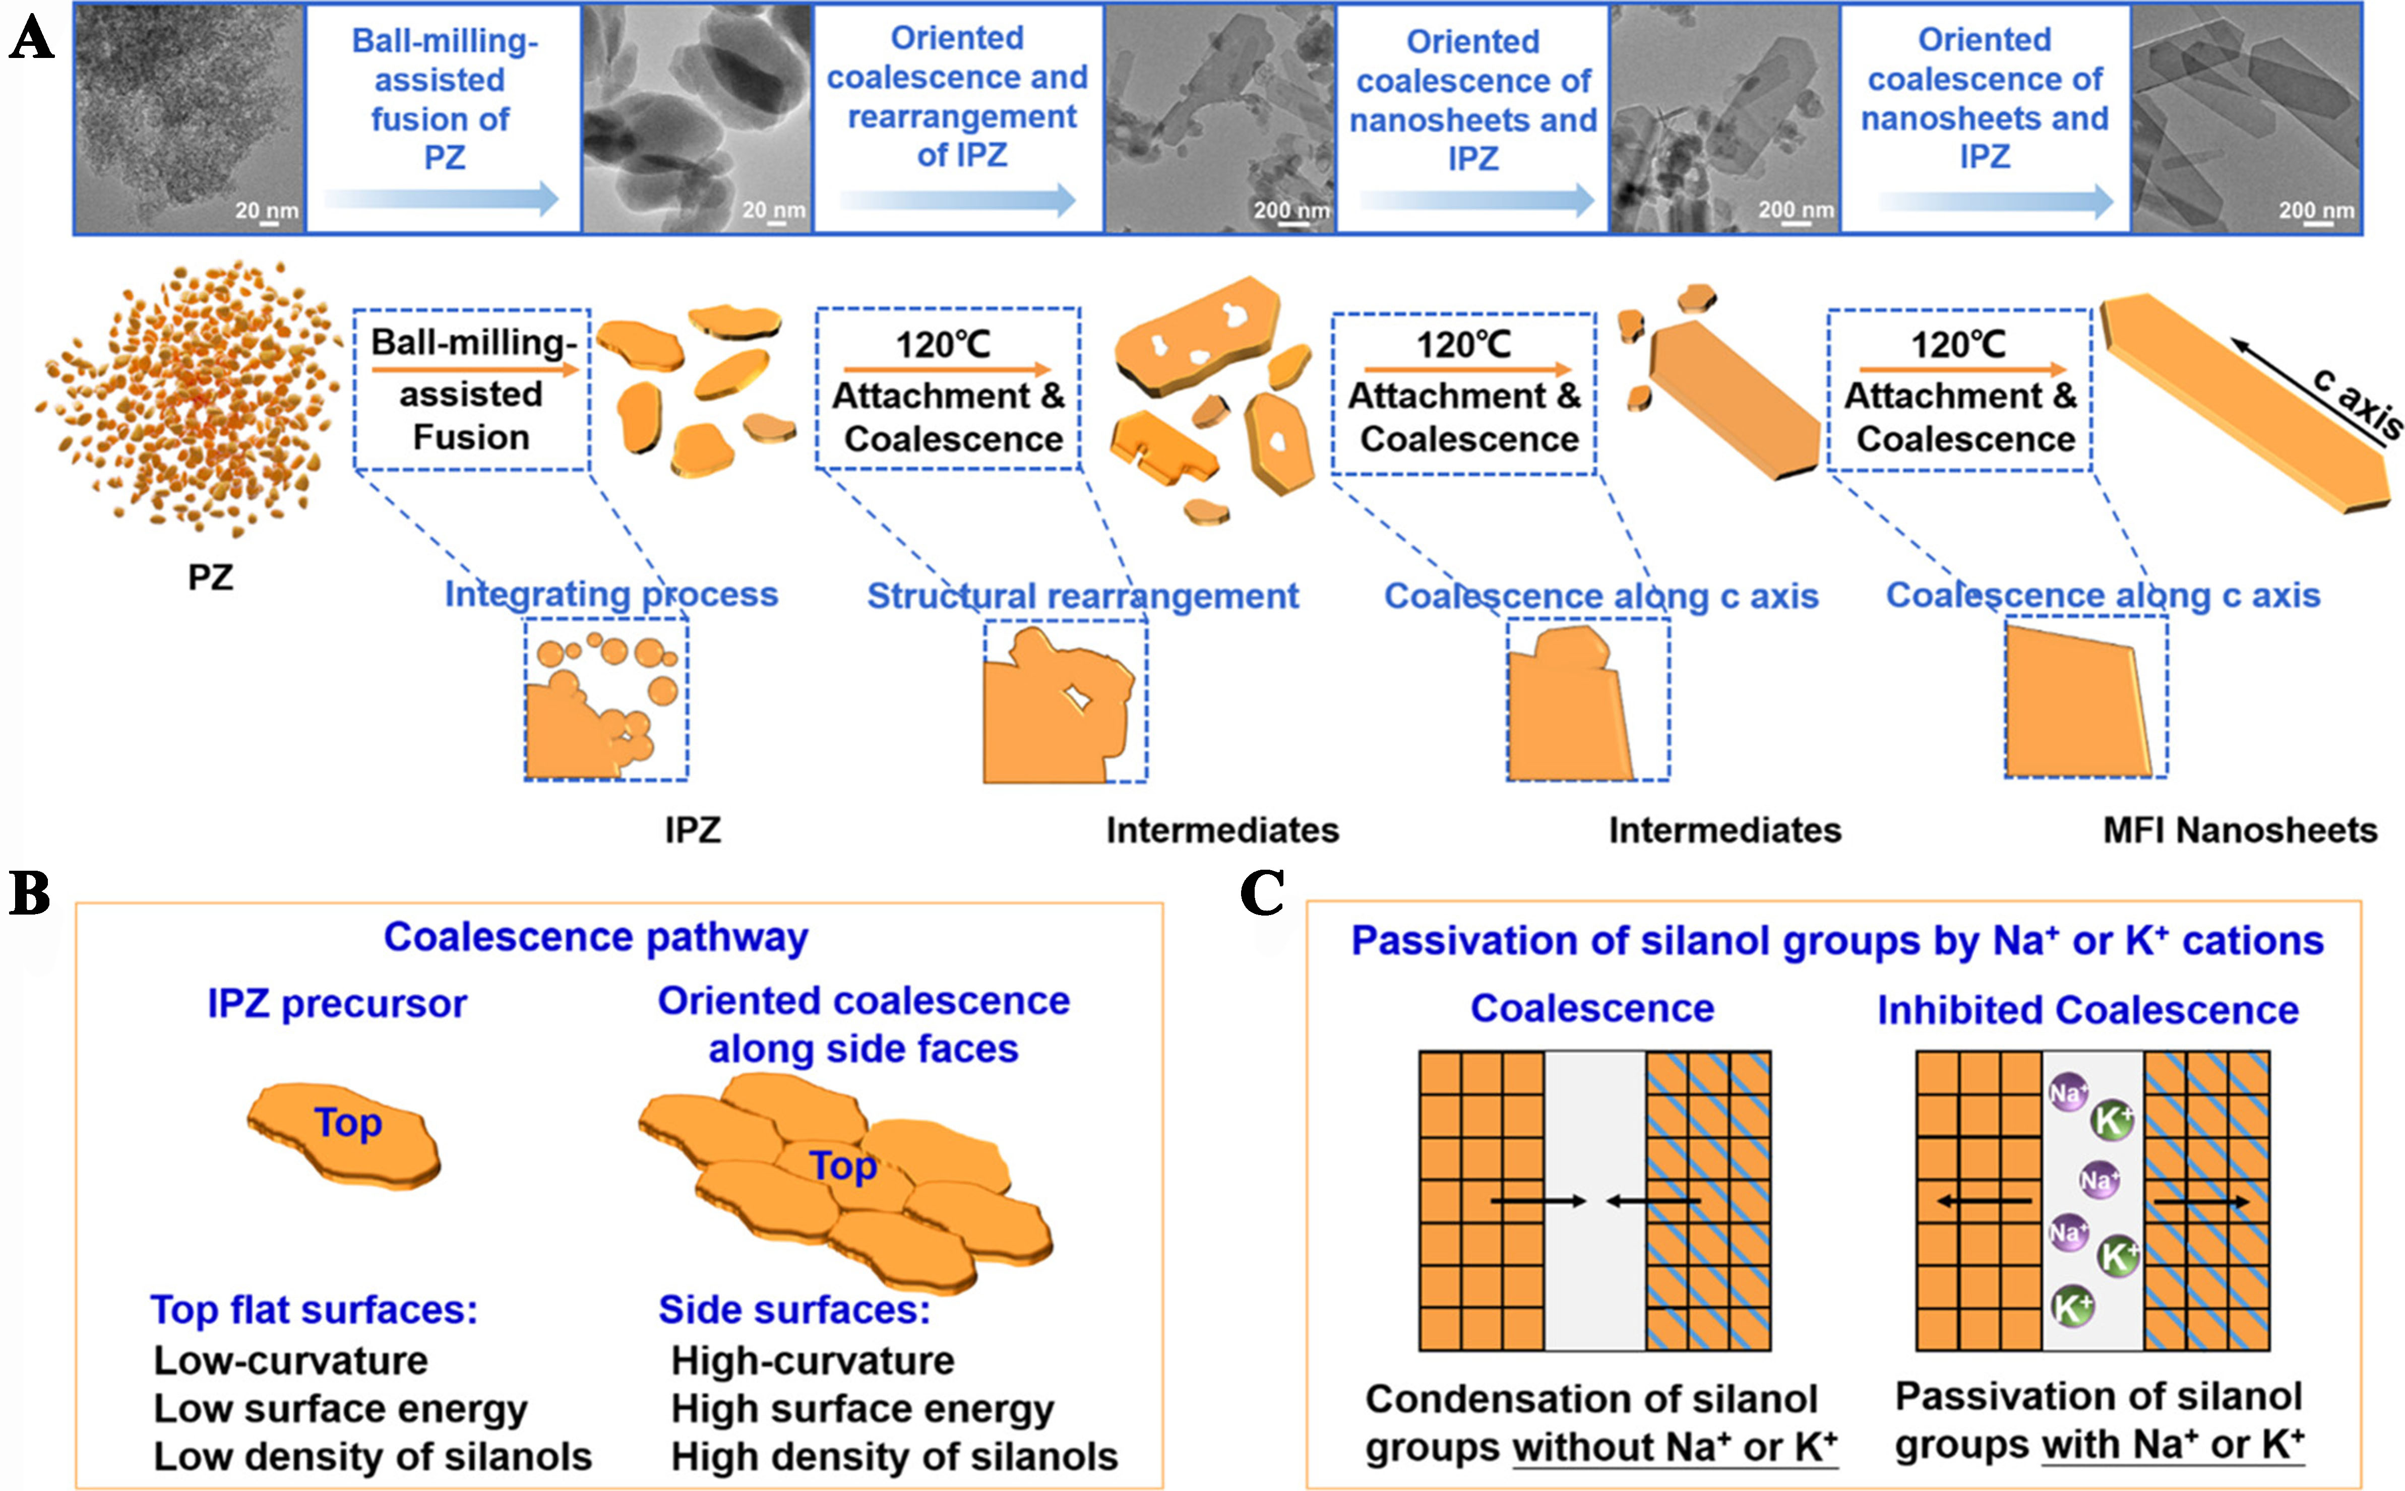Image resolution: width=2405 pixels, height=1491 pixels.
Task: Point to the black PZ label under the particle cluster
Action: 210,577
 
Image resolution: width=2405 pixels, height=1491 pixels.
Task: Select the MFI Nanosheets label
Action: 2239,830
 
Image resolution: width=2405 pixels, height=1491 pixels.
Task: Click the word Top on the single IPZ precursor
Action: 347,1122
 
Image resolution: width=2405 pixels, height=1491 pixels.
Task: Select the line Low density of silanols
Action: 372,1457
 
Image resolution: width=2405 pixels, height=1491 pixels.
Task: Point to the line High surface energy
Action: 862,1409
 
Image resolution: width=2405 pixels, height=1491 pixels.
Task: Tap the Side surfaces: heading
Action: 794,1310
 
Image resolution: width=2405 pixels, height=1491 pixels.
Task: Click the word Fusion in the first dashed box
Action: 470,437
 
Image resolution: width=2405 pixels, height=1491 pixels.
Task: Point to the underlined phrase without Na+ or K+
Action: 1674,1447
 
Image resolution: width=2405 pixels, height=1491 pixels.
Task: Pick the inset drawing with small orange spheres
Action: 606,699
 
